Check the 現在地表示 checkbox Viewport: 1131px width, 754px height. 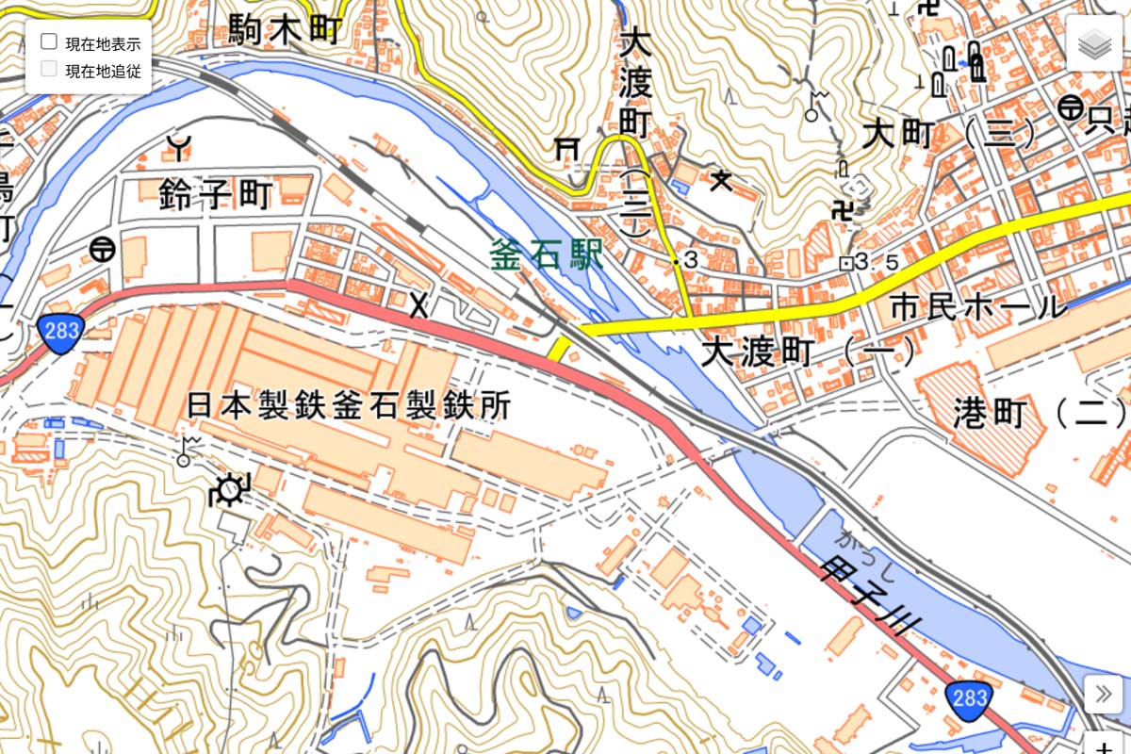[x=49, y=42]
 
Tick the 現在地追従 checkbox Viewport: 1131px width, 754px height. [x=49, y=69]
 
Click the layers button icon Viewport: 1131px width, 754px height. [x=1095, y=44]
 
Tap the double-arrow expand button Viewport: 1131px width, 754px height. [x=1103, y=696]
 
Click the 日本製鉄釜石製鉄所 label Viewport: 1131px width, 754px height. [x=348, y=406]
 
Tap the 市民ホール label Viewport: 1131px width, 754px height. [x=977, y=308]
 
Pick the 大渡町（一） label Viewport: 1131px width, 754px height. [x=808, y=353]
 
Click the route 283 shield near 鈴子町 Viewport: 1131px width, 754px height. [x=61, y=330]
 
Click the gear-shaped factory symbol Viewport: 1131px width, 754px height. [x=228, y=490]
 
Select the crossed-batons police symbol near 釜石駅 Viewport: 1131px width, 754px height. [x=418, y=304]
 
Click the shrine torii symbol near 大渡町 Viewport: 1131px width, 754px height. [x=566, y=148]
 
